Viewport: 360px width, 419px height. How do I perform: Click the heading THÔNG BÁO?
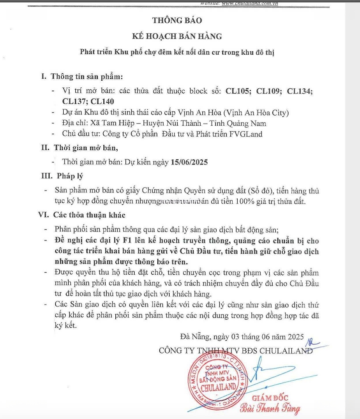[x=177, y=21]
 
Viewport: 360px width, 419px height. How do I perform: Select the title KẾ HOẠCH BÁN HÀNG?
[x=177, y=36]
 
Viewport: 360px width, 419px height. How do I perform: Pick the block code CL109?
[x=270, y=91]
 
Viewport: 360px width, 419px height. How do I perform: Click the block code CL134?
[x=300, y=91]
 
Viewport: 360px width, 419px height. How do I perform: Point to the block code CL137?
[x=75, y=102]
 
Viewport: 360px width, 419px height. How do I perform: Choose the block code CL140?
[x=103, y=102]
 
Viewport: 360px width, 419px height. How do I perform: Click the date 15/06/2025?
[x=189, y=163]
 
